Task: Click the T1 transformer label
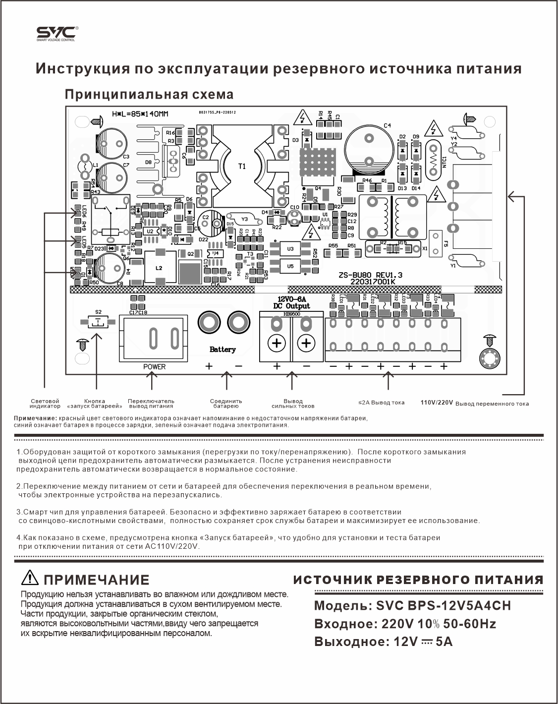(x=242, y=166)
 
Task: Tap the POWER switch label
(x=155, y=366)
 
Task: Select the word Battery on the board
(x=223, y=350)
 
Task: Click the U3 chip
(x=290, y=248)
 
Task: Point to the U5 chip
(x=290, y=266)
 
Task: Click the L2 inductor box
(x=160, y=268)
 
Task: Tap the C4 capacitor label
(x=388, y=125)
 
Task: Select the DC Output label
(x=291, y=306)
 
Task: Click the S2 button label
(x=99, y=312)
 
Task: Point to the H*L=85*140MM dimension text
(x=140, y=115)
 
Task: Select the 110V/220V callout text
(x=437, y=403)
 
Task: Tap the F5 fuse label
(x=446, y=244)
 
